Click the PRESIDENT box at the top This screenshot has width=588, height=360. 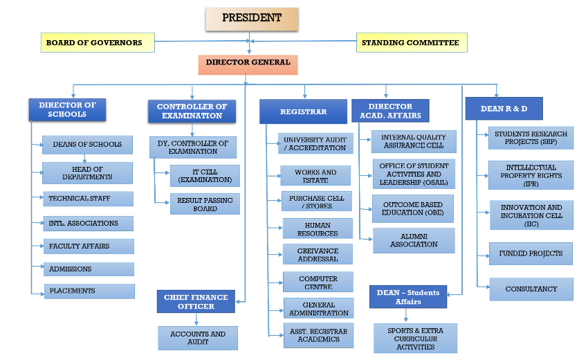(x=252, y=19)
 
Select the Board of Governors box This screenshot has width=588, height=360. (x=98, y=42)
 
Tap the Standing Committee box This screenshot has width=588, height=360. (x=412, y=42)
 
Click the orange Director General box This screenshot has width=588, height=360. (x=248, y=65)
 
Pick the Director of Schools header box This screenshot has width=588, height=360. (x=67, y=109)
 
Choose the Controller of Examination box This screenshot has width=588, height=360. (x=192, y=111)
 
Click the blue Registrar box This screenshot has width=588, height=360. (x=303, y=111)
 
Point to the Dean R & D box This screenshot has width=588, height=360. (x=504, y=109)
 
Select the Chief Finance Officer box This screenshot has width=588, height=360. (x=196, y=301)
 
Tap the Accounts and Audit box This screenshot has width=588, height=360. (x=198, y=338)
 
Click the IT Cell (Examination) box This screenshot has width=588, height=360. (x=205, y=176)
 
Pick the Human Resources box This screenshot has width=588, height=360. (x=318, y=228)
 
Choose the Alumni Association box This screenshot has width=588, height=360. (x=414, y=240)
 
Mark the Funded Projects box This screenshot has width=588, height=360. (x=531, y=254)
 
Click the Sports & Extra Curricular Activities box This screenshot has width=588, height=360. (x=415, y=339)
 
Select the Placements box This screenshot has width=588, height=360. (x=89, y=291)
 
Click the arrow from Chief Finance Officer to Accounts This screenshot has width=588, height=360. (x=196, y=319)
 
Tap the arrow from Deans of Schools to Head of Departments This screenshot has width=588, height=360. (x=85, y=159)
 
